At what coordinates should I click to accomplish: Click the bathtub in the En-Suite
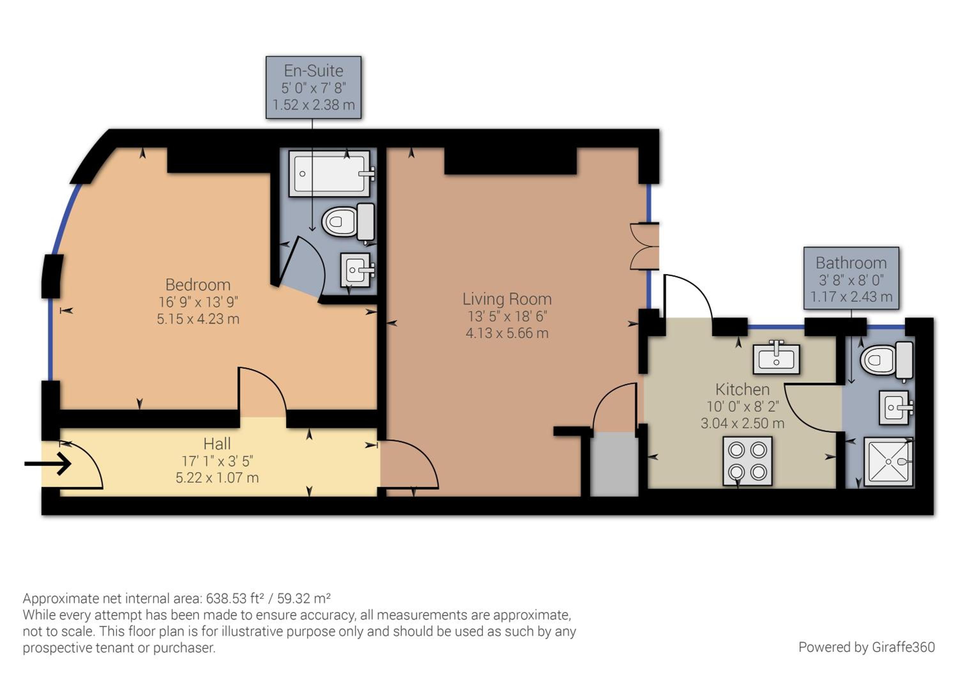pyautogui.click(x=330, y=174)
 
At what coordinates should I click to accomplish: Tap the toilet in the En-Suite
pyautogui.click(x=348, y=222)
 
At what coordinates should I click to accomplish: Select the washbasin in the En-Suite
pyautogui.click(x=357, y=270)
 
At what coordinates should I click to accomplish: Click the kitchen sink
pyautogui.click(x=776, y=359)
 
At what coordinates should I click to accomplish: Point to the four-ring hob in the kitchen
pyautogui.click(x=748, y=461)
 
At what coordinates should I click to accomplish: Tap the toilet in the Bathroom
pyautogui.click(x=887, y=360)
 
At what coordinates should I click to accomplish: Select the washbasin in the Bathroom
pyautogui.click(x=895, y=407)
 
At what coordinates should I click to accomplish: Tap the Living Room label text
pyautogui.click(x=507, y=299)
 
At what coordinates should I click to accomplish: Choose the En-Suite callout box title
pyautogui.click(x=314, y=71)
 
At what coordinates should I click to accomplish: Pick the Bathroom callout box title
pyautogui.click(x=851, y=263)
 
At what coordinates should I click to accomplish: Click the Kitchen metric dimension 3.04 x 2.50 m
pyautogui.click(x=742, y=423)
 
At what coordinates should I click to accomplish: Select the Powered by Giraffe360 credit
pyautogui.click(x=867, y=647)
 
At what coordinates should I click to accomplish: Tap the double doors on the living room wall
pyautogui.click(x=644, y=246)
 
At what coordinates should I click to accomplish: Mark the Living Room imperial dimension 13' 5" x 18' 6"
pyautogui.click(x=507, y=316)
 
